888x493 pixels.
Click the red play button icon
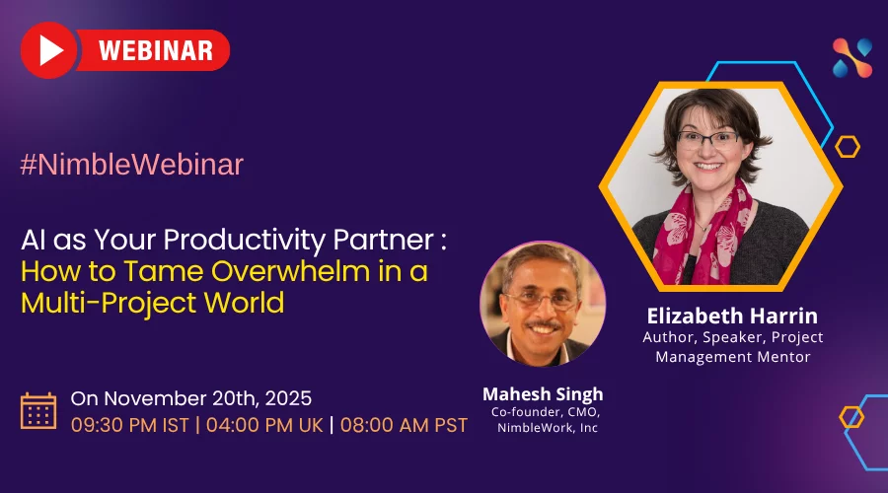tap(48, 50)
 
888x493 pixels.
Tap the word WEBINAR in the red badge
tap(156, 50)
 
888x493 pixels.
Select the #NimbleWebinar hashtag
tap(132, 165)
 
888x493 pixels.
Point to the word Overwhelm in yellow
tap(291, 271)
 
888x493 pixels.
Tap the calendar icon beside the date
tap(38, 411)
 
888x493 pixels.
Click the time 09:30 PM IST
tap(129, 425)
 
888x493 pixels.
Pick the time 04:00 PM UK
tap(264, 425)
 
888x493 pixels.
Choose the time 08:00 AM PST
tap(404, 425)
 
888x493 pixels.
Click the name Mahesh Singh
tap(543, 394)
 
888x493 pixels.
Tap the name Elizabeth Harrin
tap(732, 316)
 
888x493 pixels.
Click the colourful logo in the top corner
tap(852, 58)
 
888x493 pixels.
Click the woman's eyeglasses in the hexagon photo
tap(708, 139)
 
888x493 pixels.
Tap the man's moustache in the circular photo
tap(543, 325)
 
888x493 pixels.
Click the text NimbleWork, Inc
tap(547, 428)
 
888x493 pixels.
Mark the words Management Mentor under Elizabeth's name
tap(733, 357)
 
